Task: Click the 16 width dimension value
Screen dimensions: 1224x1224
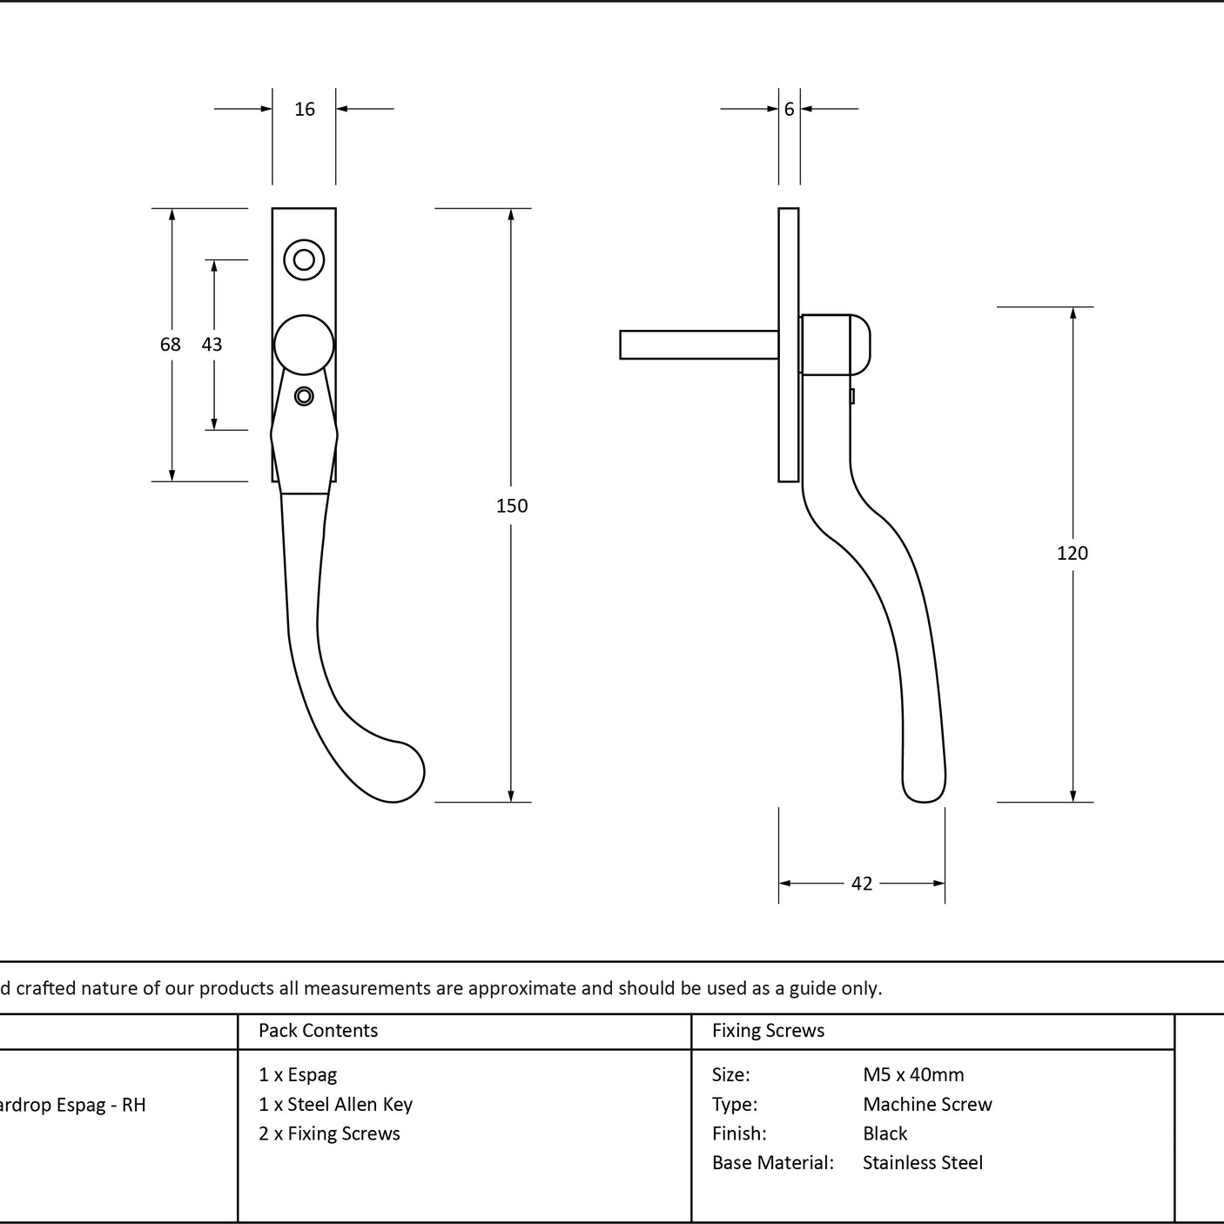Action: (304, 109)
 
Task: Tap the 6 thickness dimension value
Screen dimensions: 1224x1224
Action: (789, 109)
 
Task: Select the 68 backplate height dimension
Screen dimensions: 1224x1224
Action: (171, 344)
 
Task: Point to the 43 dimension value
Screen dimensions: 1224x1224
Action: (212, 344)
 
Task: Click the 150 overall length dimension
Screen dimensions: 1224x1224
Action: (512, 506)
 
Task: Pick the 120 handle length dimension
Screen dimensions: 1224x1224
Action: (1073, 554)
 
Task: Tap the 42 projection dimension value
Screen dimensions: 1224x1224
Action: (861, 884)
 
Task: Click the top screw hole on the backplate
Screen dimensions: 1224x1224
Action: (304, 259)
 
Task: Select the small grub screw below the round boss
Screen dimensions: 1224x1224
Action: (304, 396)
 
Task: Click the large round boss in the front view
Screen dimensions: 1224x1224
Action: (304, 345)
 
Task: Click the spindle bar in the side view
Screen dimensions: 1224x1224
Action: (699, 345)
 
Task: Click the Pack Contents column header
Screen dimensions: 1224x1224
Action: (318, 1030)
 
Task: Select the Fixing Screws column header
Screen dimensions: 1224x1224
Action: (768, 1030)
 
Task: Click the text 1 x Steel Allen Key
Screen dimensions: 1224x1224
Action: (335, 1104)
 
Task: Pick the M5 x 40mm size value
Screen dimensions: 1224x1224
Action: (913, 1074)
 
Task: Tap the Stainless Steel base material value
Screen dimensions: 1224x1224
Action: (922, 1162)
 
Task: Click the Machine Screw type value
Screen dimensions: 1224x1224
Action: (927, 1104)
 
